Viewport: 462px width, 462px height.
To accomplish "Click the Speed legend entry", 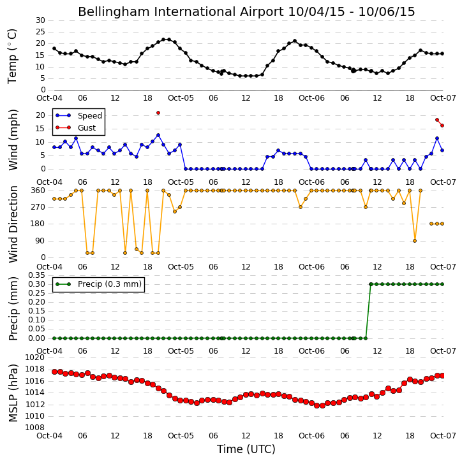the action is click(x=78, y=115).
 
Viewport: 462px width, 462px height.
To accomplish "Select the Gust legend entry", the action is click(x=76, y=127).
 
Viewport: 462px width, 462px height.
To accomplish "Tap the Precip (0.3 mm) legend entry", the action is click(x=98, y=284).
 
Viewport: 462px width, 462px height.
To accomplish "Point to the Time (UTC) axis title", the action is click(x=246, y=449).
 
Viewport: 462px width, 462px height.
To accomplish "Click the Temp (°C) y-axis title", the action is click(x=12, y=57).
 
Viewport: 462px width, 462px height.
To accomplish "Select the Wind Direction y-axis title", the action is click(x=13, y=224).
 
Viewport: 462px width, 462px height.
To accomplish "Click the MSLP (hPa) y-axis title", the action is click(x=13, y=393).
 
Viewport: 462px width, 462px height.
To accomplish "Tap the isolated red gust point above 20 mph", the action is click(x=158, y=113).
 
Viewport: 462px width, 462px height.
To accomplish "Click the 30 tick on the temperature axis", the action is click(x=40, y=20).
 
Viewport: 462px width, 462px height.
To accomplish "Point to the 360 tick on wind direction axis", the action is click(x=38, y=191).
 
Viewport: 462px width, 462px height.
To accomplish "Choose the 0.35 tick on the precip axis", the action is click(x=36, y=275).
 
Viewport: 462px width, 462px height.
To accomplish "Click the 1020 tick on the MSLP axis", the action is click(x=35, y=357).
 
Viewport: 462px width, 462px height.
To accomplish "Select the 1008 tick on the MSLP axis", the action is click(x=35, y=428).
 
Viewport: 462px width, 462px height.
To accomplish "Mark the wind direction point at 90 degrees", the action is click(x=415, y=241).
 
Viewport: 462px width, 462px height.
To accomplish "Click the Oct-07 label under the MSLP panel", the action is click(x=443, y=435).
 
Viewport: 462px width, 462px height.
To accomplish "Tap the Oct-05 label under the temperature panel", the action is click(x=181, y=98).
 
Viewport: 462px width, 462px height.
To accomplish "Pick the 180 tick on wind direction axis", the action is click(x=38, y=224).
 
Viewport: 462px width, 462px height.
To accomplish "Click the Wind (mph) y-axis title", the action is click(x=13, y=140).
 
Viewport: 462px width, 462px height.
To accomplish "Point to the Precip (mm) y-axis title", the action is click(x=13, y=309).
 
